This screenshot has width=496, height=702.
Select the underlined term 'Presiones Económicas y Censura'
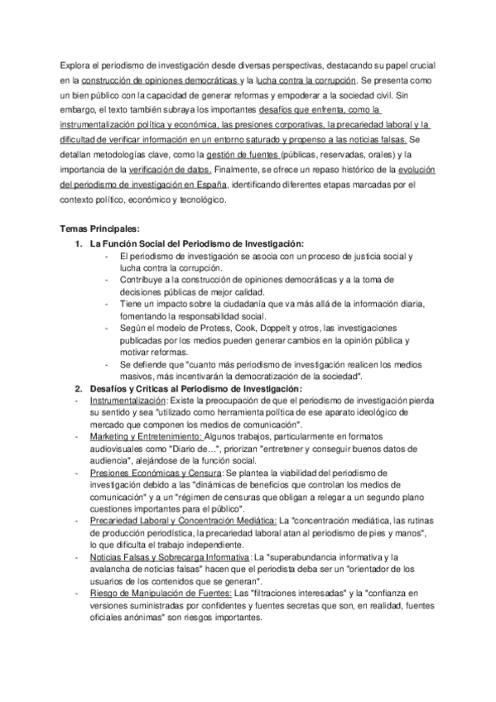[150, 473]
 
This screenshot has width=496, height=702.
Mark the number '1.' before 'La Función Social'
[79, 243]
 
